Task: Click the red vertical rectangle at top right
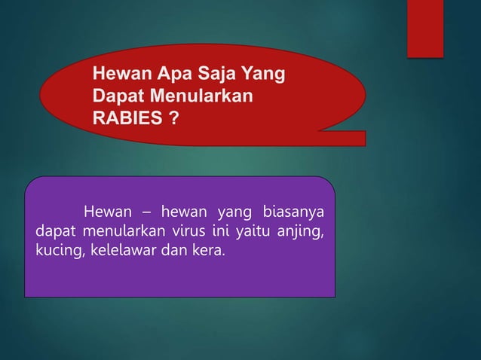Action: pos(425,28)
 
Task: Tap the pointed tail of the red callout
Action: pos(354,138)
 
